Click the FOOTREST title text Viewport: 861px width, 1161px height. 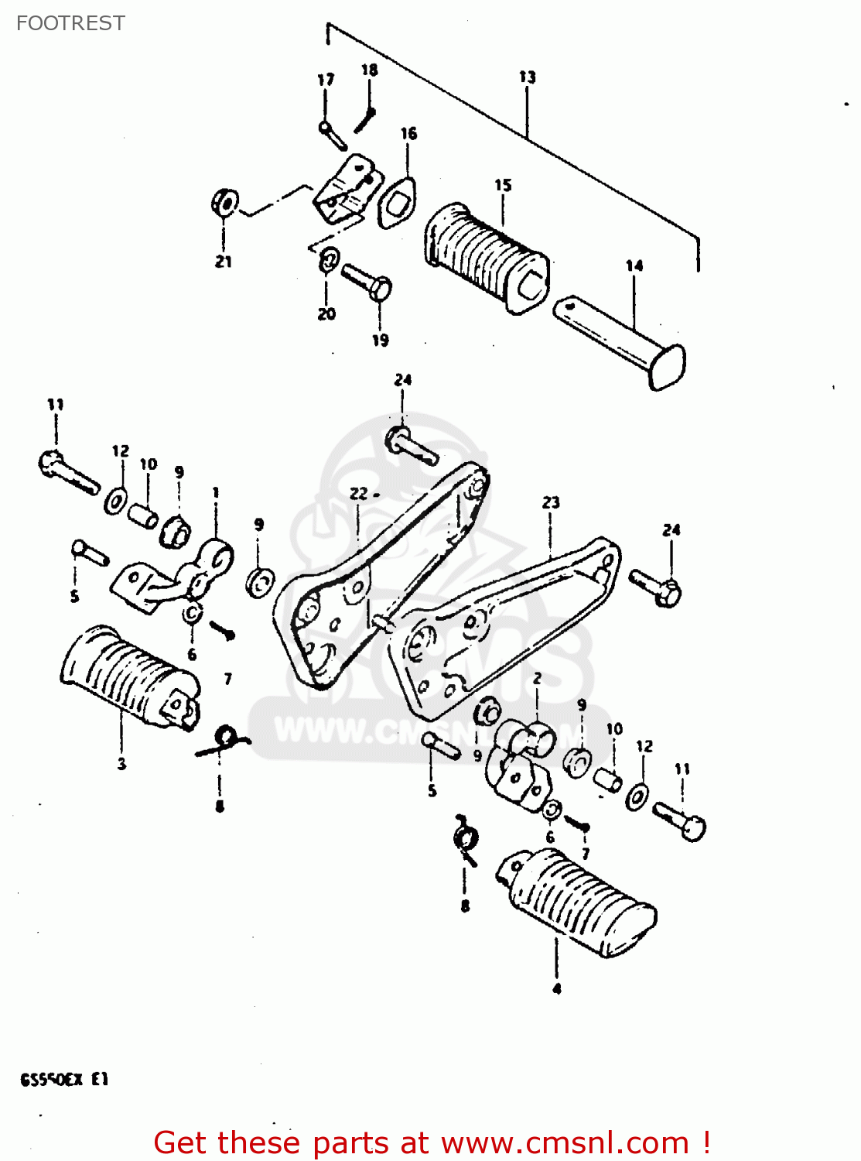click(x=70, y=23)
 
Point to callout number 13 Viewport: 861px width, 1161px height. click(x=527, y=77)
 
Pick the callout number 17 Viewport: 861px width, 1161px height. click(x=326, y=80)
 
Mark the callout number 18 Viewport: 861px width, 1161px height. click(x=370, y=70)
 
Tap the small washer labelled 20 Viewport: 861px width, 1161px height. click(x=328, y=259)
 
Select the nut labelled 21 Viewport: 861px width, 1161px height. click(x=225, y=204)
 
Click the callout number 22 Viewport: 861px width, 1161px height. click(x=358, y=493)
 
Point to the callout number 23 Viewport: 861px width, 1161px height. click(x=550, y=502)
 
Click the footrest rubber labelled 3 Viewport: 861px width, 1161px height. click(x=128, y=677)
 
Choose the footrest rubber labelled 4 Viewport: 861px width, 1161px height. click(x=576, y=902)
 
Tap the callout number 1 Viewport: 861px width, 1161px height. click(x=216, y=492)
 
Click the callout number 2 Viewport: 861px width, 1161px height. click(x=537, y=678)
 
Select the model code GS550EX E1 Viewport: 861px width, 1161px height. click(x=64, y=1079)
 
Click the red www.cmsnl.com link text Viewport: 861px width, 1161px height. click(x=565, y=1142)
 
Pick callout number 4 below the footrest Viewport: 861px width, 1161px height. click(x=556, y=988)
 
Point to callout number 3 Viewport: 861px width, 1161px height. click(x=121, y=764)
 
